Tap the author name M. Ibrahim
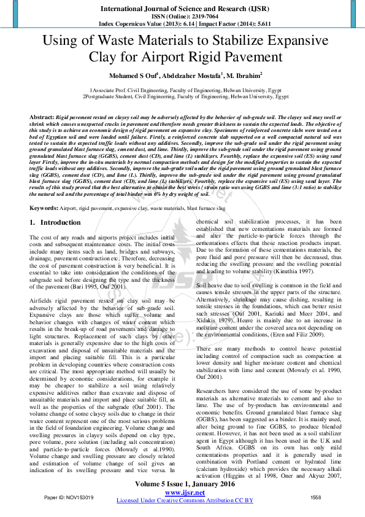(x=243, y=77)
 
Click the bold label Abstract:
(x=42, y=116)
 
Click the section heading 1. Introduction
(x=56, y=222)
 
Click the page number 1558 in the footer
(x=316, y=498)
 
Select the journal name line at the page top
(x=182, y=9)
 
